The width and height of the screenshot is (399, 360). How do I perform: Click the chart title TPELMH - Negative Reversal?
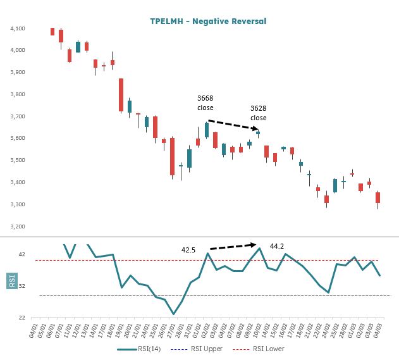(208, 21)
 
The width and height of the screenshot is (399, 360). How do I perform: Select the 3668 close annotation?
(206, 102)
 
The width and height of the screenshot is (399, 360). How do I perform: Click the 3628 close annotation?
(258, 113)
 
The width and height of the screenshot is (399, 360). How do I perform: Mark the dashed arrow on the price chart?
(232, 125)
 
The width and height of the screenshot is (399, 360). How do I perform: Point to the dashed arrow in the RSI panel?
(233, 246)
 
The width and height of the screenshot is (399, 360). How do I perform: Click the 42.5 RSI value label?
(188, 250)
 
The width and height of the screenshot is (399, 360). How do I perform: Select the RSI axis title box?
(11, 280)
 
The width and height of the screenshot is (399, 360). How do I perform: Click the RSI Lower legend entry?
(261, 349)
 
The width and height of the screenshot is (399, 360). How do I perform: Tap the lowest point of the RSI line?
(173, 314)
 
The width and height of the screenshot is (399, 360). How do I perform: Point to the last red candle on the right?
(378, 198)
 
